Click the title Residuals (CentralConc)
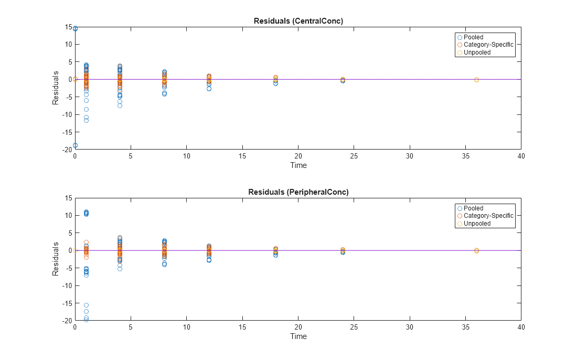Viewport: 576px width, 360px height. pos(298,21)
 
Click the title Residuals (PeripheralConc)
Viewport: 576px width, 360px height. pos(298,192)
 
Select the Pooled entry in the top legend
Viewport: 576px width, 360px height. pos(473,37)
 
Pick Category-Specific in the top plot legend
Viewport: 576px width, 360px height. pos(488,45)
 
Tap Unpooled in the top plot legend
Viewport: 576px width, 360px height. pos(477,52)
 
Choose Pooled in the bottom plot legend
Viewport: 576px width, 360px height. pos(473,208)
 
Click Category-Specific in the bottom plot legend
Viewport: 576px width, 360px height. pos(488,216)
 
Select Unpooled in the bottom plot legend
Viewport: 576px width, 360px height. pos(477,224)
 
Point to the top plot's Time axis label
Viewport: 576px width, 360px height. pos(298,165)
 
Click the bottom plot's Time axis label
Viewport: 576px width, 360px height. pos(298,336)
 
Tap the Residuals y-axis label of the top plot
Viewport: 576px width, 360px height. pos(55,88)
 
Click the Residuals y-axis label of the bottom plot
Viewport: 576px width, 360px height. pos(55,259)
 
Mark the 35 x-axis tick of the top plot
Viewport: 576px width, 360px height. pos(465,156)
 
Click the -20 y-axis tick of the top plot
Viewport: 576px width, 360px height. pos(66,150)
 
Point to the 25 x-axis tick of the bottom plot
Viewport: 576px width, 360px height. pos(354,327)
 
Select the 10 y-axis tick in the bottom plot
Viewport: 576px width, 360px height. pos(68,215)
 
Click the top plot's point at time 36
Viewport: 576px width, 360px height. pos(476,80)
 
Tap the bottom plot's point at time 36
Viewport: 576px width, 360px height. pos(476,250)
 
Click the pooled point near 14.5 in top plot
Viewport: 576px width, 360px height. pos(75,29)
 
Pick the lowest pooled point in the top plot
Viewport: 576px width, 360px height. pos(75,145)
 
